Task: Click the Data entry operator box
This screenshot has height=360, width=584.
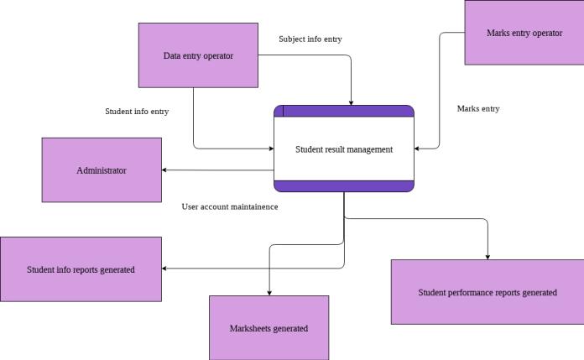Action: point(198,55)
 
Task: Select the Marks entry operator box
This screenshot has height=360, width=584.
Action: point(524,33)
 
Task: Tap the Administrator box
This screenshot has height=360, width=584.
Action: point(102,170)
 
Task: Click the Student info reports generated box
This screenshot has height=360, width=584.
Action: point(81,269)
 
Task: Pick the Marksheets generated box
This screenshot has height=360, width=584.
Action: point(269,328)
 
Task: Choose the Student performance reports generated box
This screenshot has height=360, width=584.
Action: point(488,292)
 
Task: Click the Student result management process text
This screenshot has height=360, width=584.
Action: point(344,149)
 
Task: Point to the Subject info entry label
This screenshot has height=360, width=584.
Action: point(310,39)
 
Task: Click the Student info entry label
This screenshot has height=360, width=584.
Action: point(137,111)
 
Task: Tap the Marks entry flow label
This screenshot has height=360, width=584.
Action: point(478,108)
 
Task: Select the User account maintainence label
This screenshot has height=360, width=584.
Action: point(230,206)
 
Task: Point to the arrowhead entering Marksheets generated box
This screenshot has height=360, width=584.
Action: point(269,291)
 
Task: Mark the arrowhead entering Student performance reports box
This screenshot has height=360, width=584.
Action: point(488,256)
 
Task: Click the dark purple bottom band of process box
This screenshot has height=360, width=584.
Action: point(344,186)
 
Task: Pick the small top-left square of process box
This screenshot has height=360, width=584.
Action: point(279,111)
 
